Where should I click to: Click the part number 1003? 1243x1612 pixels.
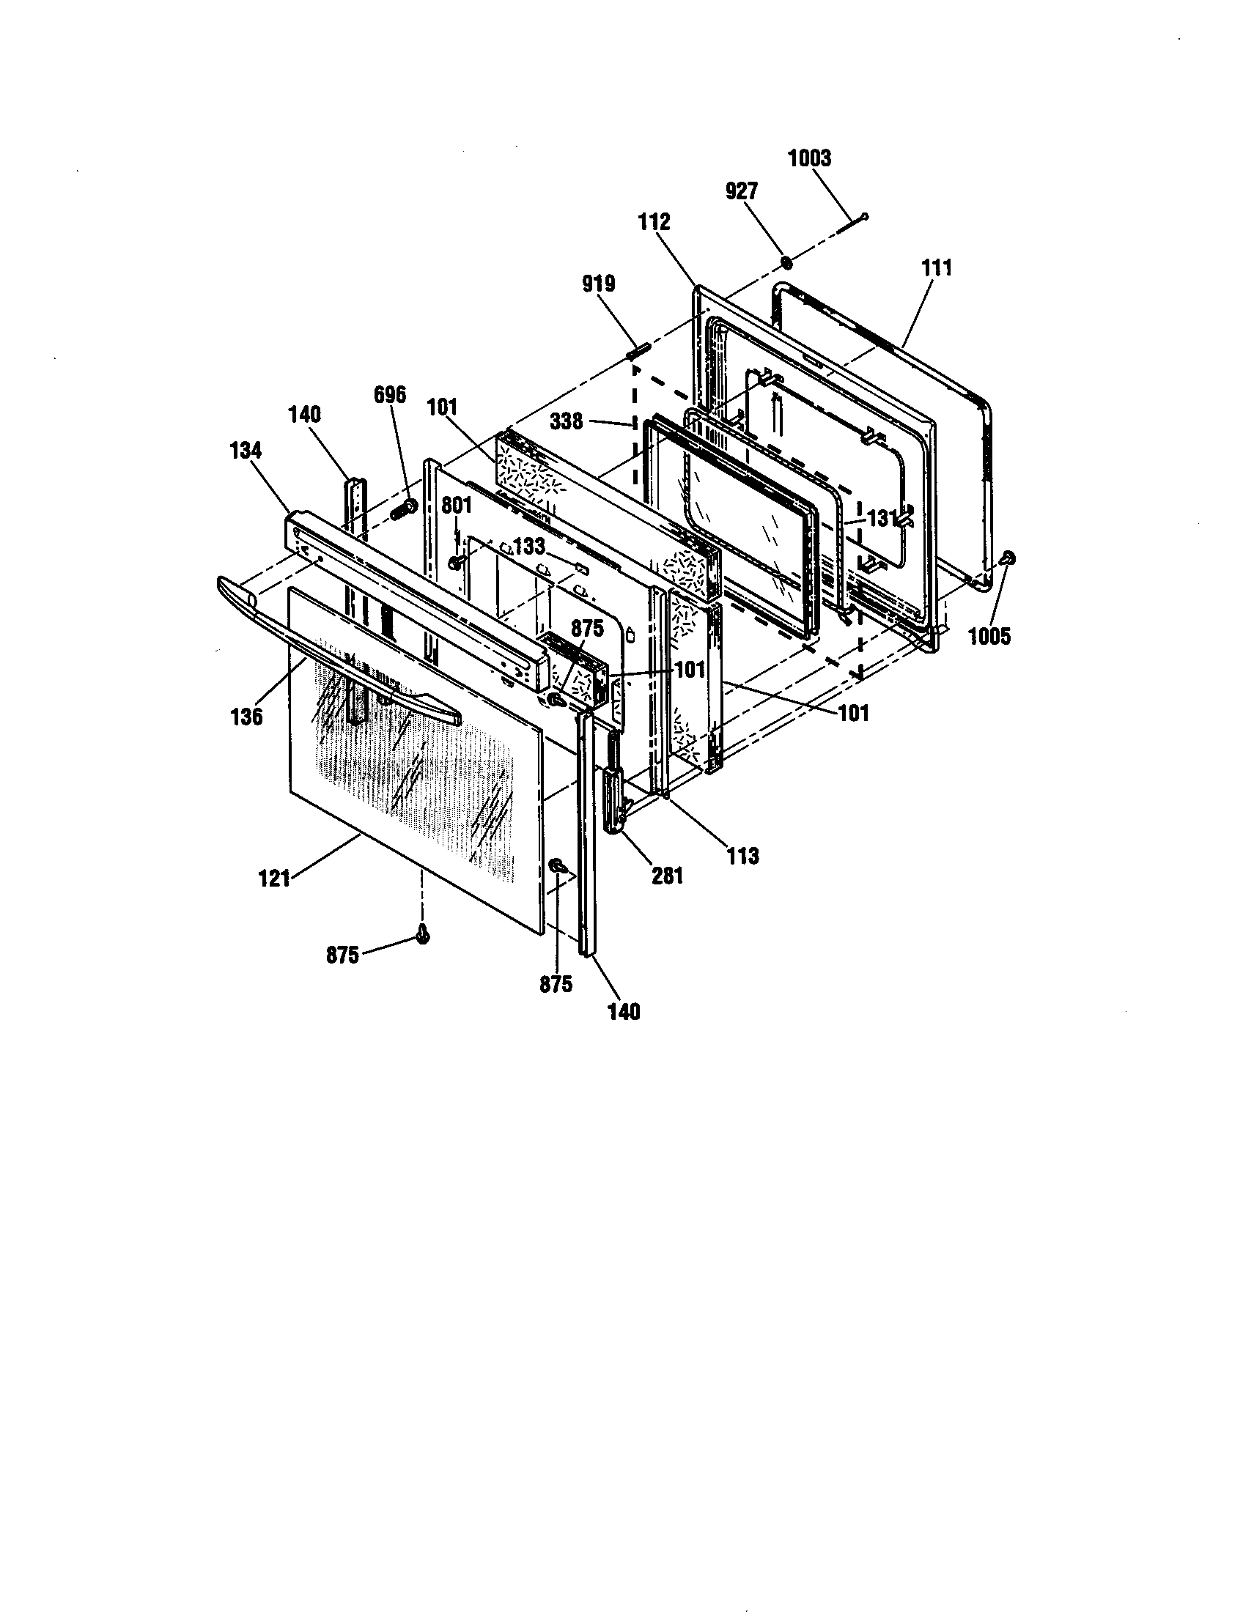click(x=809, y=158)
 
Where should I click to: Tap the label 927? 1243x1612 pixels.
click(x=741, y=191)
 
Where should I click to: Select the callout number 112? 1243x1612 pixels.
click(x=654, y=221)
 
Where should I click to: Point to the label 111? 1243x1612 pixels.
click(x=937, y=267)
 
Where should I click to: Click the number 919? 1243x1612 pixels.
click(x=598, y=284)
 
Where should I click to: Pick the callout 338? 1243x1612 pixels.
click(x=566, y=421)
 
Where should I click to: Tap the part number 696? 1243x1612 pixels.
click(x=389, y=395)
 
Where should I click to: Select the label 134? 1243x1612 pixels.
click(x=246, y=449)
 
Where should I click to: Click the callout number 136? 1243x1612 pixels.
click(x=246, y=716)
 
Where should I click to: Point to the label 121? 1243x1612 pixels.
click(x=274, y=879)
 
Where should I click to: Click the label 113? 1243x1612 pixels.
click(x=742, y=855)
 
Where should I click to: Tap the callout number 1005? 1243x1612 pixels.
click(x=989, y=636)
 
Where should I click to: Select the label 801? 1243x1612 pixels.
click(x=456, y=506)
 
